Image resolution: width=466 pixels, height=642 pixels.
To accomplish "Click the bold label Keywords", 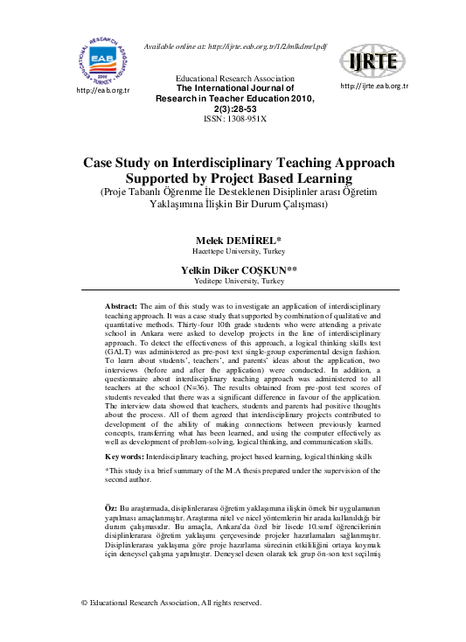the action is tap(124, 457).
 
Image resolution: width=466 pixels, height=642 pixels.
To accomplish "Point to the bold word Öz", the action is tap(110, 508).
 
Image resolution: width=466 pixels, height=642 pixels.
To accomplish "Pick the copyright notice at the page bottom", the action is tap(171, 603).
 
